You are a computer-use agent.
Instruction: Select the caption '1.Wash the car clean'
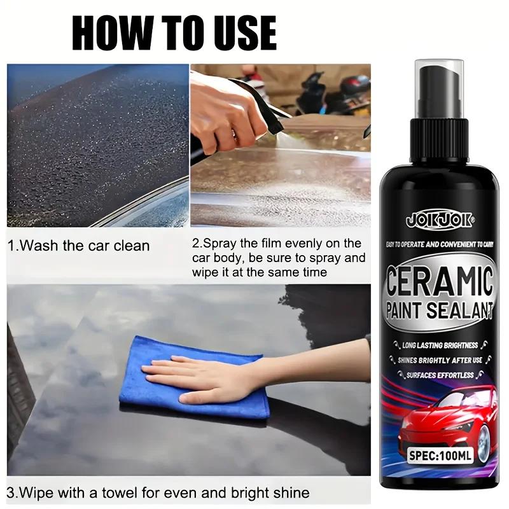point(79,246)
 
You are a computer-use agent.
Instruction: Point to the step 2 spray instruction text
point(279,258)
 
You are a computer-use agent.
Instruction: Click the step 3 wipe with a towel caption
point(159,492)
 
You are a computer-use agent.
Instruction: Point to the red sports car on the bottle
point(445,417)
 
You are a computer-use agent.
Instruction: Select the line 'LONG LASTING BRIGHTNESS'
point(440,345)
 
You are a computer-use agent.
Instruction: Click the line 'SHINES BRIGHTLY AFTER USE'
point(440,360)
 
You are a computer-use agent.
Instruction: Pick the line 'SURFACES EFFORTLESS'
point(440,375)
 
